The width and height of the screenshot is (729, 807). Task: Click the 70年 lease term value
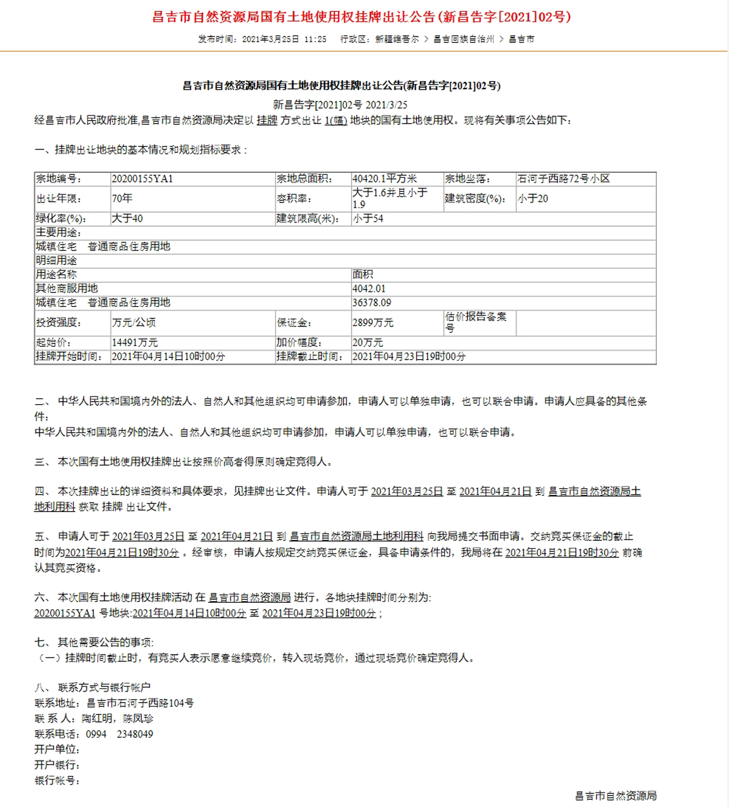(x=122, y=198)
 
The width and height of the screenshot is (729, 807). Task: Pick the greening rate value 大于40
(x=127, y=218)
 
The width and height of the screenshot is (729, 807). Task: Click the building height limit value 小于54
(x=368, y=218)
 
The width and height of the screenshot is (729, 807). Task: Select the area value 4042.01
(x=369, y=289)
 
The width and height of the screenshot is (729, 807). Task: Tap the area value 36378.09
(x=372, y=303)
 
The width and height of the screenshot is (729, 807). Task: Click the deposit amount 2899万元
(x=373, y=323)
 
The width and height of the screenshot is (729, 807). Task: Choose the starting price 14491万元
(x=135, y=343)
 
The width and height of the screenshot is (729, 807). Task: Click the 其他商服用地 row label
(x=67, y=289)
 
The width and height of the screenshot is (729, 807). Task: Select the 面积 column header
(x=363, y=275)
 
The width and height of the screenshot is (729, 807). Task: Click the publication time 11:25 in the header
(x=315, y=39)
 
